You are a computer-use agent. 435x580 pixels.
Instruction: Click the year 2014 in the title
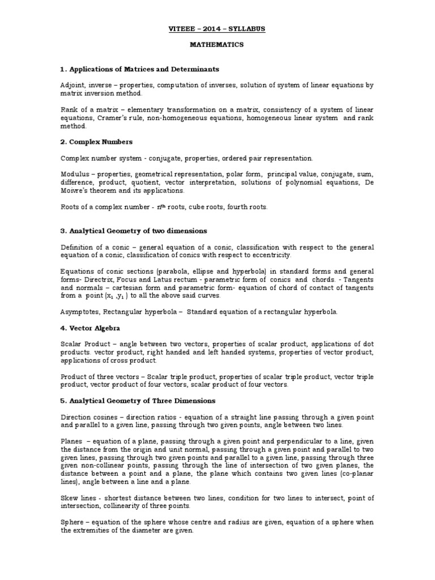tap(217, 28)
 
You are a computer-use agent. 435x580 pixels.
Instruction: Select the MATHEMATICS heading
tap(217, 44)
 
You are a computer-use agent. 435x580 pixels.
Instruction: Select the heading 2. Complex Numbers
tap(96, 142)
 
